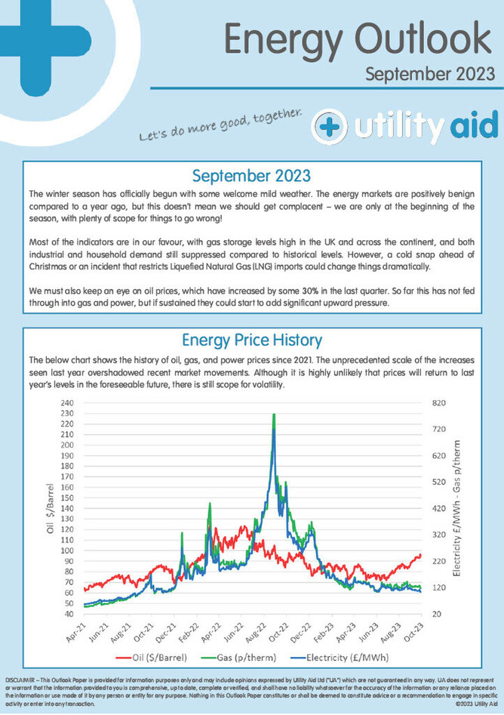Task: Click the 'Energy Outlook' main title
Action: tap(358, 37)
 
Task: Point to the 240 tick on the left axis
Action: tap(66, 403)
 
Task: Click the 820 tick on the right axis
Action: tap(440, 403)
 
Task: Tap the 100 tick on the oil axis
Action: tap(66, 550)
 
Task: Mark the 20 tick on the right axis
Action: tap(437, 613)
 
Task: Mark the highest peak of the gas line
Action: tap(274, 415)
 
